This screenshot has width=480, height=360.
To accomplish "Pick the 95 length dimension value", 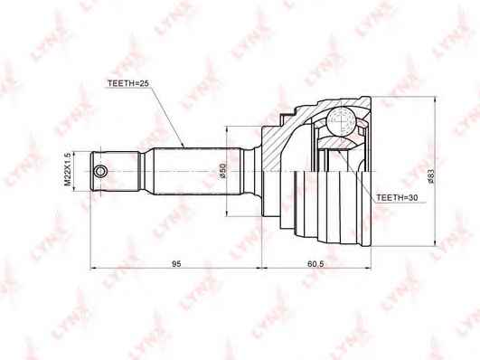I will pyautogui.click(x=177, y=263).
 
